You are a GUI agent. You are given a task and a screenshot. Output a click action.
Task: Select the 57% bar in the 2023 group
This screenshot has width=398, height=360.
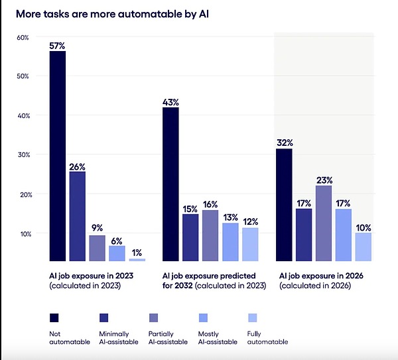pos(58,156)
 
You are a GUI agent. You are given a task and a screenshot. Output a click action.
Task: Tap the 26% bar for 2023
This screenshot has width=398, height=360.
pos(78,216)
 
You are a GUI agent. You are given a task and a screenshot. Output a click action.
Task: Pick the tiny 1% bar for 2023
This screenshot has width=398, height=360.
pos(137,259)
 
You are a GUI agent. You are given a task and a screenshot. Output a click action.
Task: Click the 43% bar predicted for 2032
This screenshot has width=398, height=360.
pos(171,184)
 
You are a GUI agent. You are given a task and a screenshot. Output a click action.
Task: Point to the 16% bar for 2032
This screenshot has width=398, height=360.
pos(210,235)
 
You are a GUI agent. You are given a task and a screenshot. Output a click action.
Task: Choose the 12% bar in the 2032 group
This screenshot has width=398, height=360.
pos(249,244)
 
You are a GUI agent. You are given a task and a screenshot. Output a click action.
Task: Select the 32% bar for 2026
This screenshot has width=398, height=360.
pos(284,205)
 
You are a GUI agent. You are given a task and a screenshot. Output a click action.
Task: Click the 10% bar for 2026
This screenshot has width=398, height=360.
pos(363,247)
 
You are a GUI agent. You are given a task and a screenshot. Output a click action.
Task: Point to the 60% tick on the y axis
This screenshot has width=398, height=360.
pos(23,37)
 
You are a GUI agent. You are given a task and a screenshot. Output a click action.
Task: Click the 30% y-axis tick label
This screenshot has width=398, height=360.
pos(23,154)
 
